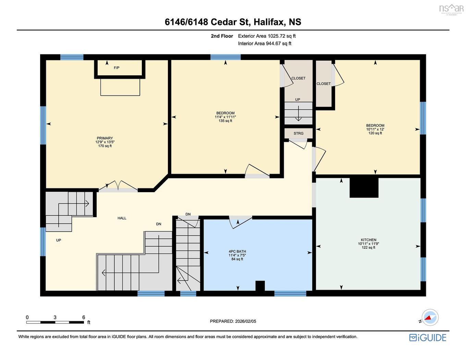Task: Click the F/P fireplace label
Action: tap(116, 68)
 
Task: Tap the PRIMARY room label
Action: tap(105, 138)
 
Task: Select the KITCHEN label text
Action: tap(368, 240)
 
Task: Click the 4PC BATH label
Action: tap(237, 251)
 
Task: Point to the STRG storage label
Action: tap(298, 134)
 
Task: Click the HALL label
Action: tap(122, 218)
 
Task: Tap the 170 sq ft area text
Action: tap(105, 146)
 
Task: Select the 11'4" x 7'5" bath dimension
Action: tap(237, 256)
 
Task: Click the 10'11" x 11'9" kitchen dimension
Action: tap(368, 244)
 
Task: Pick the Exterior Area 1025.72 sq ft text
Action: tap(267, 36)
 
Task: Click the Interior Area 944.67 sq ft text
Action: tap(265, 44)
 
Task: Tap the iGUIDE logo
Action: tap(428, 338)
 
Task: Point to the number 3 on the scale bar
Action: tap(55, 318)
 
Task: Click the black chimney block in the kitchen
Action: tap(364, 187)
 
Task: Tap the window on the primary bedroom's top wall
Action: tap(72, 57)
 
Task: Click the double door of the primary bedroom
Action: tap(118, 186)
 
